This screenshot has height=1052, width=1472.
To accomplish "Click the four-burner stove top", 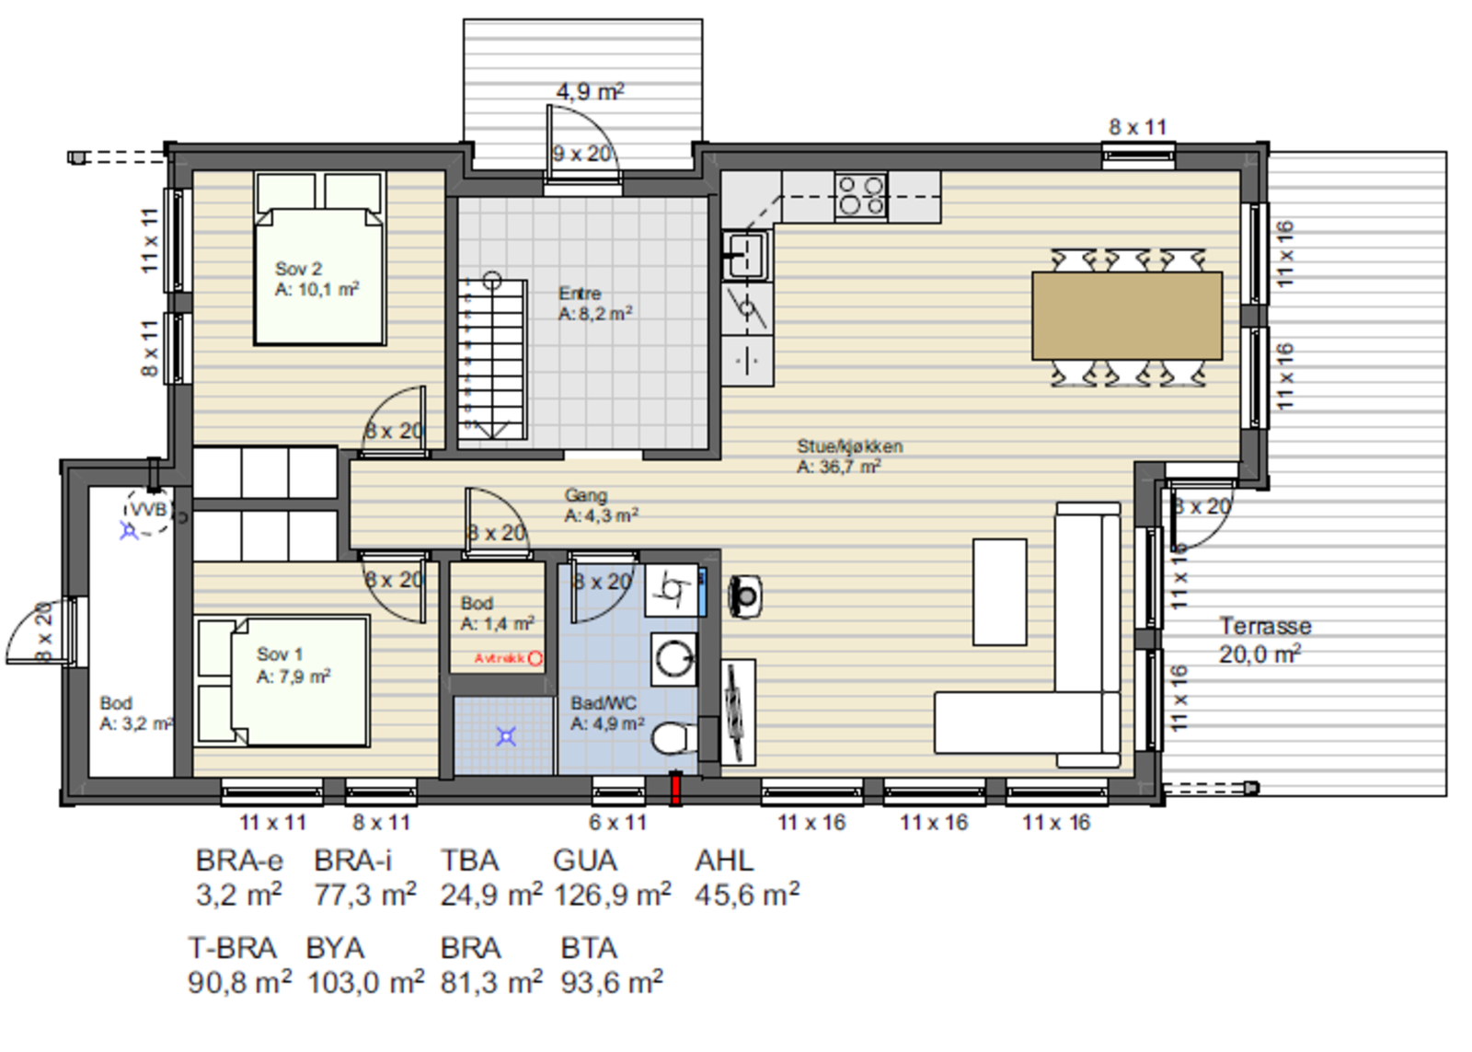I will coord(860,196).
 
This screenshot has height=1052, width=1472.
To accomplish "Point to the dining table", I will coord(1126,315).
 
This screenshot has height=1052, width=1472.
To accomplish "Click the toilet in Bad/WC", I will coord(674,737).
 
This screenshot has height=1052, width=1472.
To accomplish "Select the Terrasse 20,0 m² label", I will coord(1264,640).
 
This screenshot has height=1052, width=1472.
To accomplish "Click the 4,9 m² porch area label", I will coord(590,92).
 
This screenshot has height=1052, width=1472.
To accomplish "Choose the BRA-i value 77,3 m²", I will coord(364,894).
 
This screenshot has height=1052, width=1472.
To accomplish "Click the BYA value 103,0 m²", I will coord(365,982).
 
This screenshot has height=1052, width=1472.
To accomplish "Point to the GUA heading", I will coord(584,861).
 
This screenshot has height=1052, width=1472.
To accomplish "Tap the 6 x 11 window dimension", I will coord(617,822).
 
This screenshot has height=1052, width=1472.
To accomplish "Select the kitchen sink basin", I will coord(745,254).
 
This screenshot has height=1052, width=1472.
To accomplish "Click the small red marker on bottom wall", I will coord(675,789).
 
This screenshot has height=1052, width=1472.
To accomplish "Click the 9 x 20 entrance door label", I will coord(582,154).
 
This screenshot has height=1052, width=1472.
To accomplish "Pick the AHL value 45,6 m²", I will coord(746,894).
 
